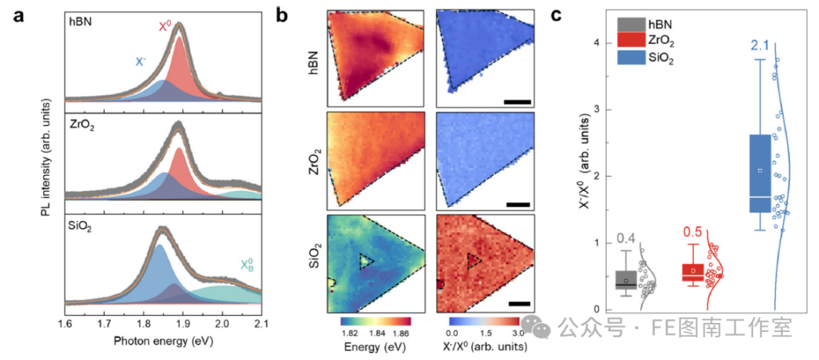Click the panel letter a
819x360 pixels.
point(19,15)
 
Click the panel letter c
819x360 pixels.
point(557,15)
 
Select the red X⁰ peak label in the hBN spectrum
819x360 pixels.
point(165,27)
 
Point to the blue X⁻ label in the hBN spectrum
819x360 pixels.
point(141,61)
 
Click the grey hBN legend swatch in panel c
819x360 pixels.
point(630,25)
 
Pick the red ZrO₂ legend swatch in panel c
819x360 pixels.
point(630,41)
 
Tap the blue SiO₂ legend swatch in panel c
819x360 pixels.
point(630,58)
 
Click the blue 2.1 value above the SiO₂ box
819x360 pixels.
point(761,46)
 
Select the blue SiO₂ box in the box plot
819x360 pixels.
point(760,174)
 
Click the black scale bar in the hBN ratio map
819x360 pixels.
point(518,102)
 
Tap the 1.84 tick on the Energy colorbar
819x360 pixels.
point(375,333)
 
